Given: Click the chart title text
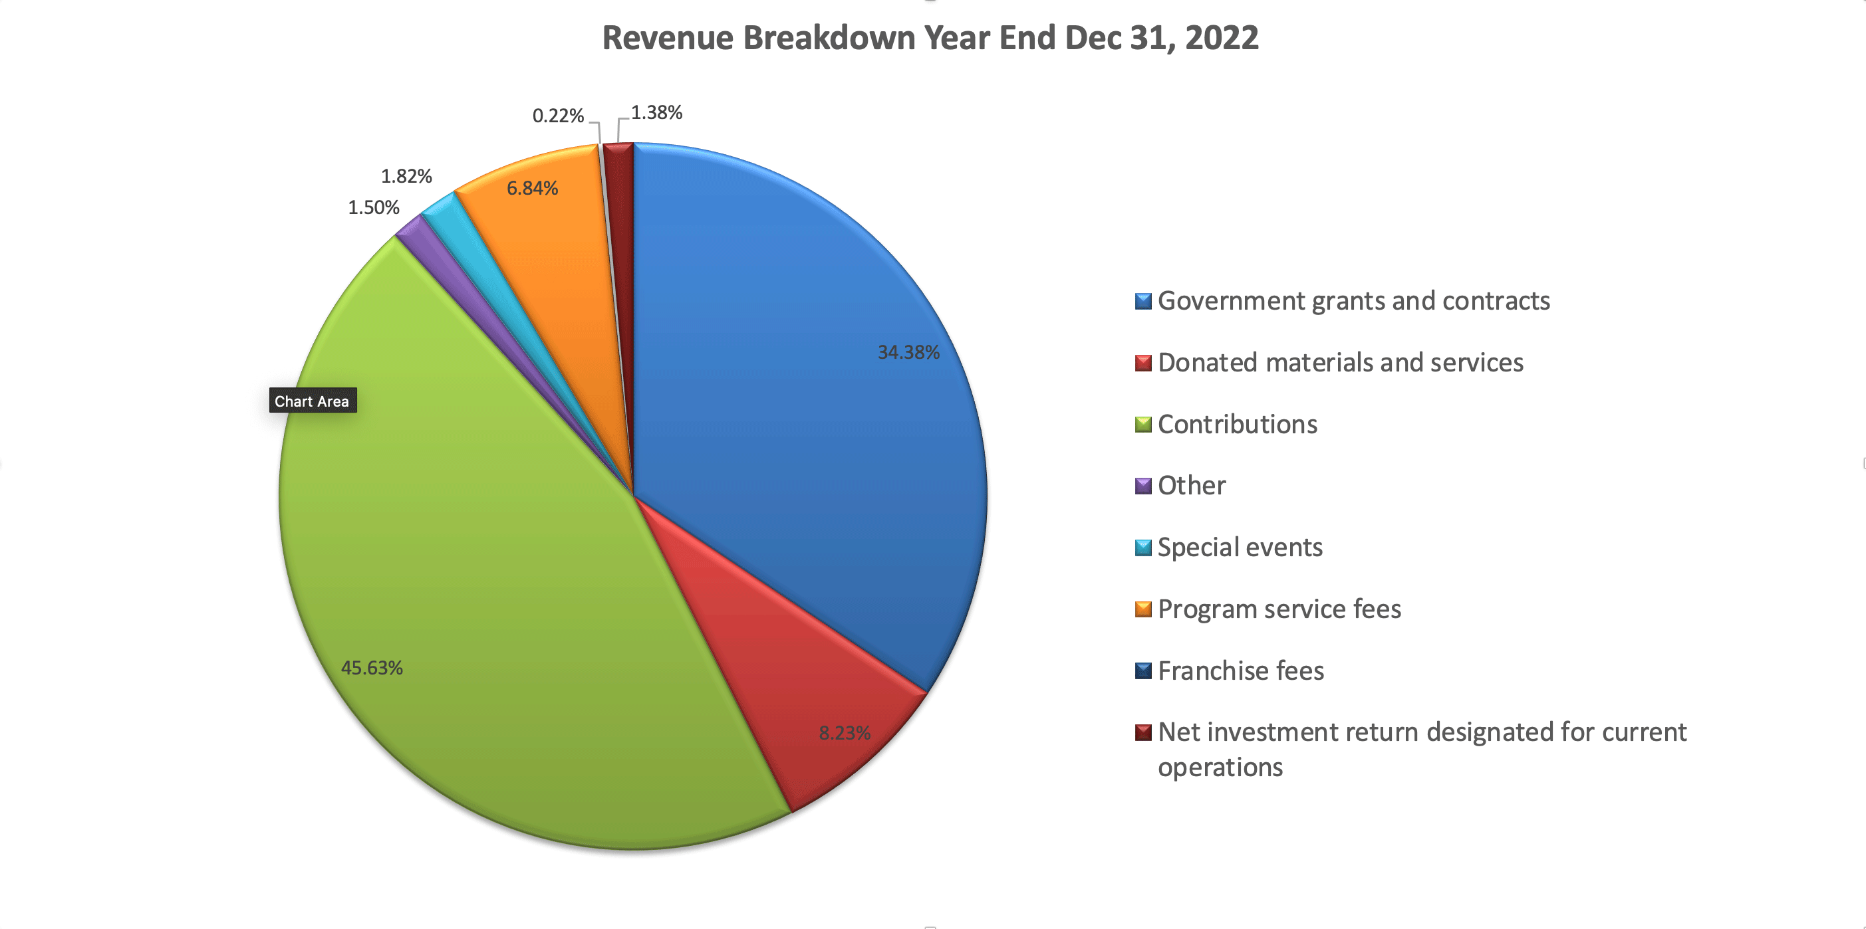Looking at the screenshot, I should tap(930, 38).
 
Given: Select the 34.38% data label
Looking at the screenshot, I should tap(908, 353).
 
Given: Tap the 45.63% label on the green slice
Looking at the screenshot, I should tap(372, 668).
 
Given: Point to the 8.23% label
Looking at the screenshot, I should tap(845, 733).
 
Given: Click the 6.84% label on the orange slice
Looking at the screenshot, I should tap(533, 188).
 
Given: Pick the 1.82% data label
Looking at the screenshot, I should tap(406, 176).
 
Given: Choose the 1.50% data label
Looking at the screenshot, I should tap(374, 208).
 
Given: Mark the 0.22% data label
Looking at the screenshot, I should tap(558, 116).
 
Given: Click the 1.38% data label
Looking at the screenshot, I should tap(656, 112).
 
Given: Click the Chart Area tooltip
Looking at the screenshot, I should tap(312, 401).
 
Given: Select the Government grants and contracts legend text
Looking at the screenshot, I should tap(1353, 300).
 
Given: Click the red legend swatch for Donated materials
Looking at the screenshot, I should tap(1143, 363).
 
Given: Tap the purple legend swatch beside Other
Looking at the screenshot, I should tap(1143, 486).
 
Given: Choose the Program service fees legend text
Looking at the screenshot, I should tap(1279, 609).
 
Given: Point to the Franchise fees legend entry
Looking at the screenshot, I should tap(1241, 671).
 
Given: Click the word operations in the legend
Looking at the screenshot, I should tap(1220, 767).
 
